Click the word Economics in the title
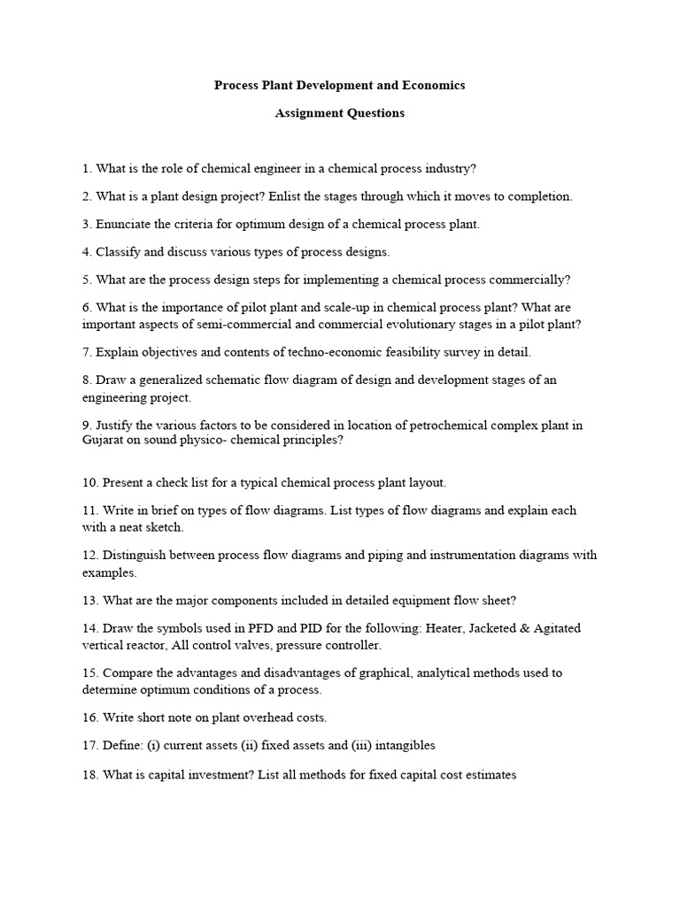pyautogui.click(x=435, y=86)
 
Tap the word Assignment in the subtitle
pyautogui.click(x=306, y=113)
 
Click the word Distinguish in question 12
pyautogui.click(x=134, y=556)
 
